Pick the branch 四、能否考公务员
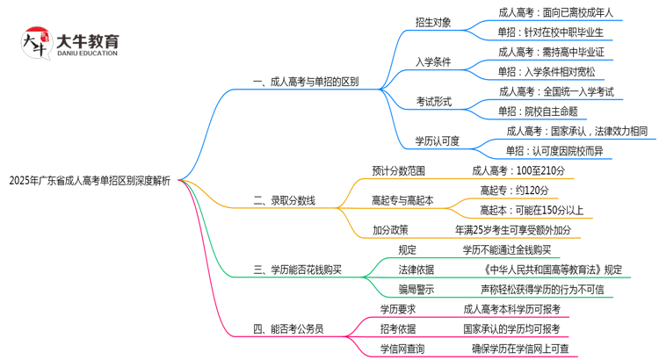click(288, 329)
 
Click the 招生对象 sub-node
click(434, 22)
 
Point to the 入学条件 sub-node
click(434, 61)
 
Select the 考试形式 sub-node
click(434, 101)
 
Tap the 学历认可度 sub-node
click(438, 140)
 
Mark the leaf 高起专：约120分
click(514, 191)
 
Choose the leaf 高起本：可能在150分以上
click(531, 210)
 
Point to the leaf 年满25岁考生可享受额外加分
click(513, 230)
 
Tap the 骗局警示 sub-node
click(416, 289)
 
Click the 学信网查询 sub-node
click(402, 349)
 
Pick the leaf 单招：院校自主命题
click(537, 111)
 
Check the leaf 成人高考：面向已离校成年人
click(555, 12)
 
